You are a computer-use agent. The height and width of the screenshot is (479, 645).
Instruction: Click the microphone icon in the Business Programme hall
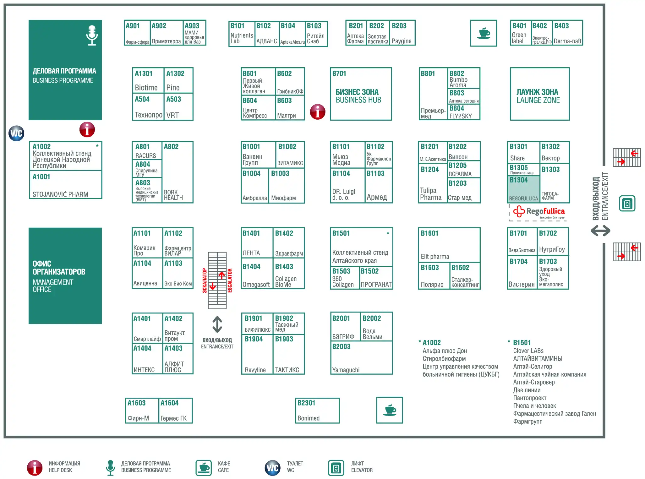tap(92, 35)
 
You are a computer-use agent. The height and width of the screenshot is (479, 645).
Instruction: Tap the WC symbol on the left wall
tap(16, 133)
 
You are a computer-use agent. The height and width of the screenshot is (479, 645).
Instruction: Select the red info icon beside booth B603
tap(318, 112)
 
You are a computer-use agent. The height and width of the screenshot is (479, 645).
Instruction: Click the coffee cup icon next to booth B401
tap(483, 33)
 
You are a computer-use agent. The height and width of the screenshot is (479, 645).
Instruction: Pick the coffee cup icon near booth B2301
tap(390, 410)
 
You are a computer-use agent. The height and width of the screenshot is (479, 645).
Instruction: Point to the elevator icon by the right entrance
tap(627, 203)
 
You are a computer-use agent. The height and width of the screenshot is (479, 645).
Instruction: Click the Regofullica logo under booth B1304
tap(539, 212)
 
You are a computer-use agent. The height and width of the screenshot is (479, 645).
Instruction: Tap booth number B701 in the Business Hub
tap(339, 73)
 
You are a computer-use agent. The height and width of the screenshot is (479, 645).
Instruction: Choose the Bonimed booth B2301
tap(317, 411)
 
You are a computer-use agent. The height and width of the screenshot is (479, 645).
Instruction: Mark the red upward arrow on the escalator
tap(222, 275)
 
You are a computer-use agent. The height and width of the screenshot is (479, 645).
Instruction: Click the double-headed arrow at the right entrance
tap(600, 231)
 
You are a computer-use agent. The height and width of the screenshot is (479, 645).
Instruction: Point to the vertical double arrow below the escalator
tap(217, 324)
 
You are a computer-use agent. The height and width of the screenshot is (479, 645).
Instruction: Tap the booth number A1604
tap(169, 403)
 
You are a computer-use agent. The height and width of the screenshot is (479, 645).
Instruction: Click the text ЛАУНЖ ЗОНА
tap(537, 92)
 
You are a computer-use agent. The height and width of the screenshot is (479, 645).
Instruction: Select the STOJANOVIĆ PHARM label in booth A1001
tap(60, 194)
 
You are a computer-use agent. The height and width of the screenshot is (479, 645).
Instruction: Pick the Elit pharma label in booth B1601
tap(435, 257)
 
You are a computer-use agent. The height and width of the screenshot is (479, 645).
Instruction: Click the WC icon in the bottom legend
tap(272, 468)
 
